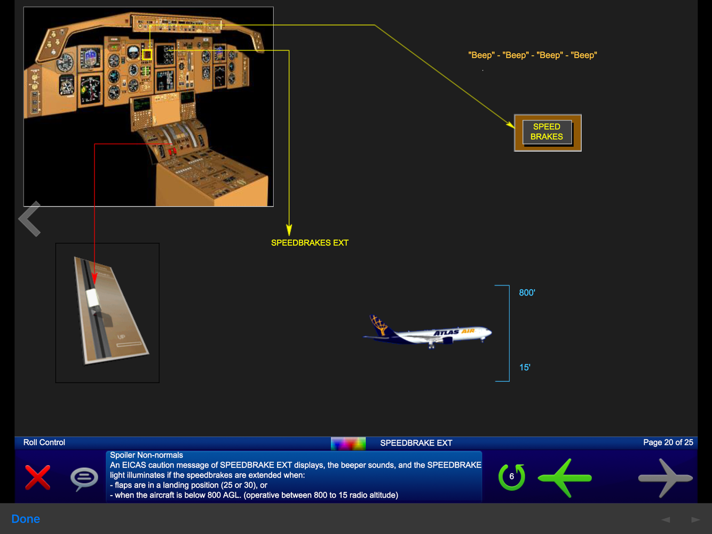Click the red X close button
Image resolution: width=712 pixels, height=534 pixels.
click(38, 477)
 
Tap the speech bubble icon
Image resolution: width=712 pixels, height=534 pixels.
click(84, 478)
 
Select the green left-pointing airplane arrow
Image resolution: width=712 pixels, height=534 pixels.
click(565, 477)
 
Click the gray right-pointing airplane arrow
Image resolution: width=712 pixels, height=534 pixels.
click(665, 478)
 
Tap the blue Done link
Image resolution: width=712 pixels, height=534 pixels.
click(26, 519)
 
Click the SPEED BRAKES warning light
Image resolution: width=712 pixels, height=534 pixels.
click(547, 132)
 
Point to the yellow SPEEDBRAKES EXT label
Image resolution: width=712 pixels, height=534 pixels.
click(310, 243)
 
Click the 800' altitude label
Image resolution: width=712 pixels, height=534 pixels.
click(527, 293)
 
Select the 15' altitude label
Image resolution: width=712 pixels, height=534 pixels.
click(525, 368)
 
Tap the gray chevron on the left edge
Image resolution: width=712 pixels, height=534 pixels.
click(30, 219)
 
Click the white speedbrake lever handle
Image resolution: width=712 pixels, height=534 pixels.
click(93, 298)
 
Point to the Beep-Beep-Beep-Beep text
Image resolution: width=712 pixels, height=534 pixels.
click(532, 55)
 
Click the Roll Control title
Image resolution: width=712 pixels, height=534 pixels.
click(44, 442)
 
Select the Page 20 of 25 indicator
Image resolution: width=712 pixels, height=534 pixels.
click(668, 442)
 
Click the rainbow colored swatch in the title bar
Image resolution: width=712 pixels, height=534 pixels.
click(348, 443)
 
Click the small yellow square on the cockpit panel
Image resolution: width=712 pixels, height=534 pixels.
click(147, 54)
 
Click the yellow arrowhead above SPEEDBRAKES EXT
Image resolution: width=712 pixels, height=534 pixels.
click(289, 230)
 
